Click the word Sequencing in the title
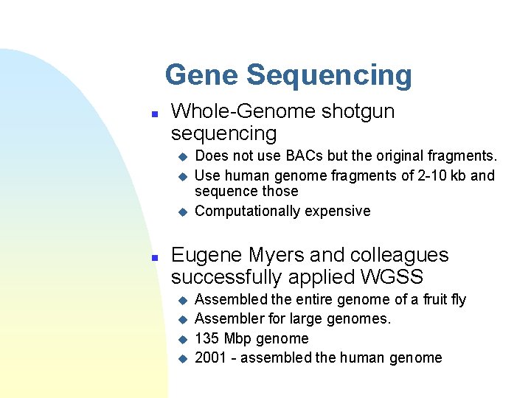tap(329, 75)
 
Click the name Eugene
tap(206, 256)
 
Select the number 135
tap(207, 339)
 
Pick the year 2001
tap(211, 358)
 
